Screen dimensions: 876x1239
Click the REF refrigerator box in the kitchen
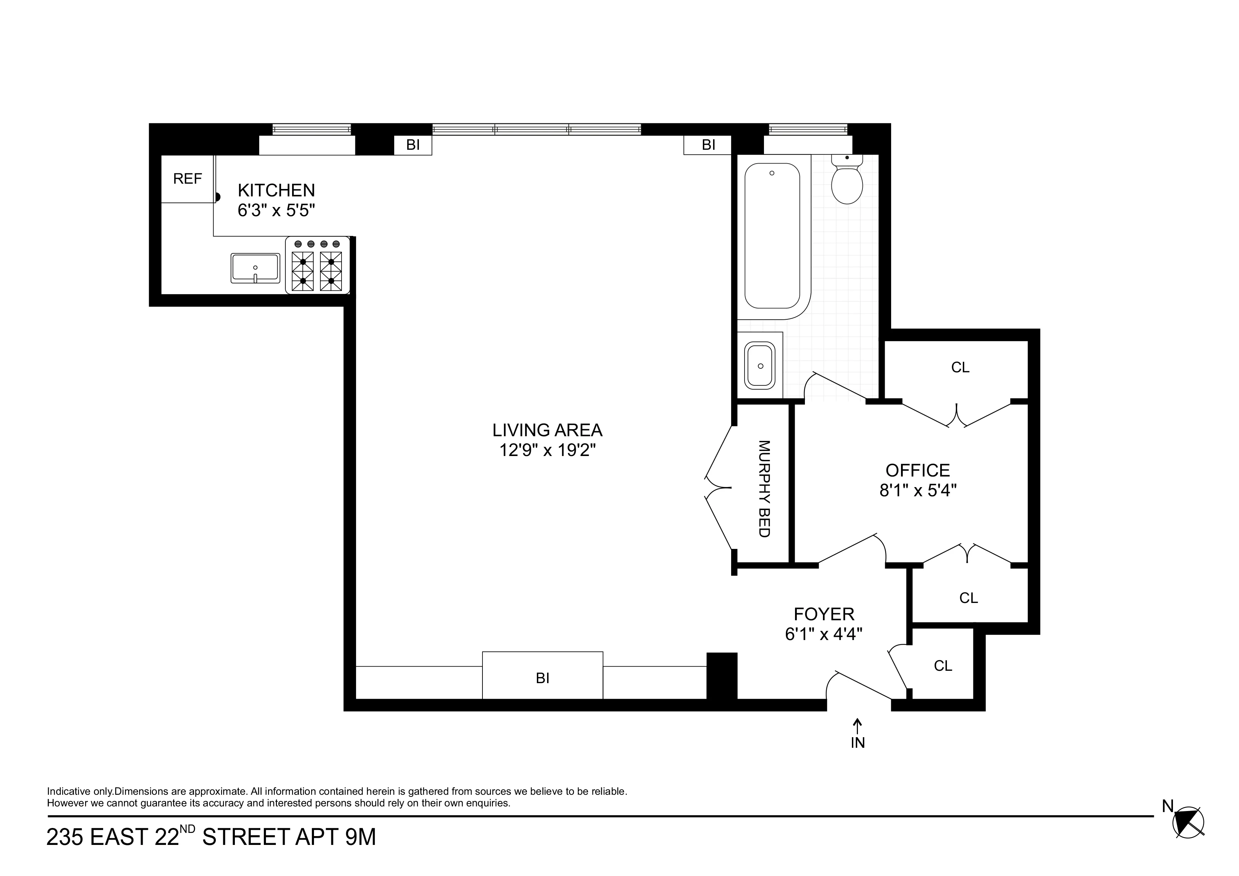click(187, 179)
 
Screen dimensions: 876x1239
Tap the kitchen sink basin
click(255, 268)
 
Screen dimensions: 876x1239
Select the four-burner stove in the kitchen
click(317, 266)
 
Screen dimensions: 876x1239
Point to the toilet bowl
click(847, 184)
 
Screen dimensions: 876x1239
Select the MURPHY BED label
click(764, 489)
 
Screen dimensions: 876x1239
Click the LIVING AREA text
click(547, 430)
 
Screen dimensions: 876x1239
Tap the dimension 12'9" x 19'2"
click(547, 450)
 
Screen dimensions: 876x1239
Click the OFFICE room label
click(917, 470)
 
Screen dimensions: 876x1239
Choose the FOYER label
click(824, 614)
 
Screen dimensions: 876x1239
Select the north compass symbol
click(1188, 838)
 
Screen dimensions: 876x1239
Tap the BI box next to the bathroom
click(708, 145)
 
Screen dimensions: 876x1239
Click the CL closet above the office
click(960, 368)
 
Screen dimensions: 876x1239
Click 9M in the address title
click(360, 837)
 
